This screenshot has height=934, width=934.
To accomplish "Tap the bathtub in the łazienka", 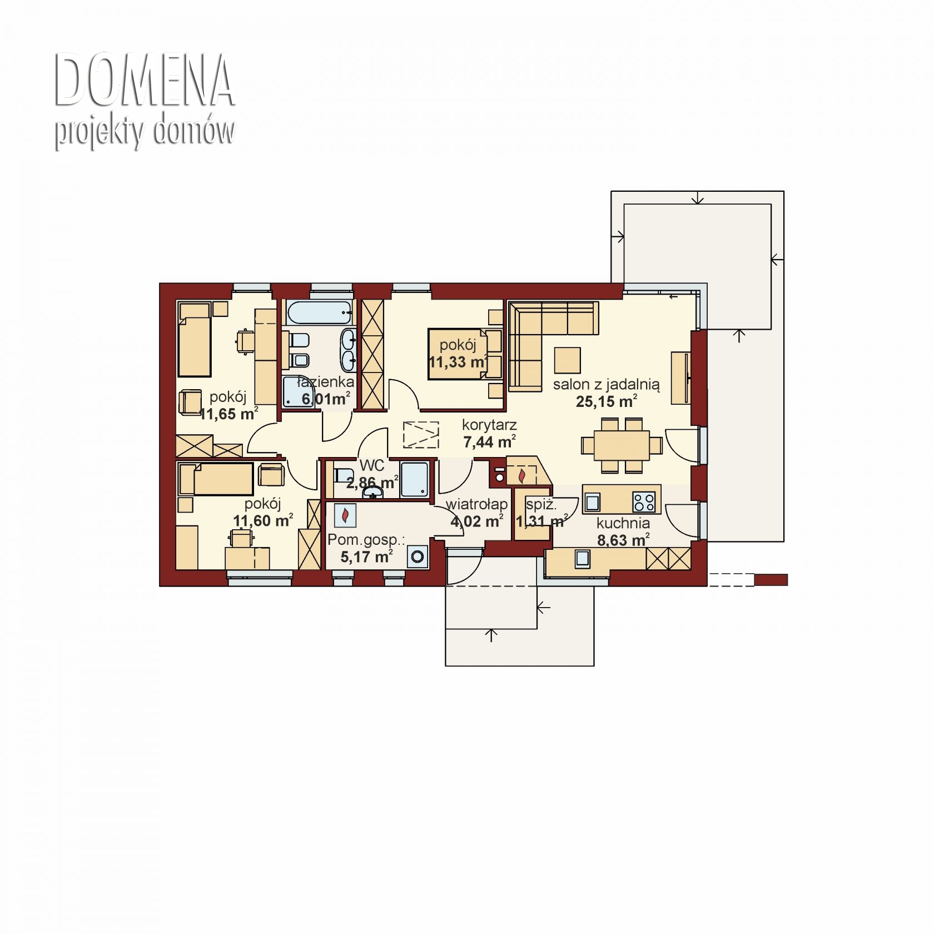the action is [319, 312].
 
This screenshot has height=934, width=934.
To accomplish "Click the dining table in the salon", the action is [622, 445].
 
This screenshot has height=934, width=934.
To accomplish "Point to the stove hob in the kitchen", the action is [644, 502].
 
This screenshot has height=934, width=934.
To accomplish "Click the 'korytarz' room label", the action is [489, 425].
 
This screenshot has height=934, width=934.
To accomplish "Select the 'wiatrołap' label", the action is [476, 504].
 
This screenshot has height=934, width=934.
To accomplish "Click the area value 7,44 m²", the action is [489, 442].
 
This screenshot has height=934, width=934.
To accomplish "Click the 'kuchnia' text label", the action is [623, 523].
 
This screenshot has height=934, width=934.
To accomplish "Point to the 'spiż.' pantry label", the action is [541, 505].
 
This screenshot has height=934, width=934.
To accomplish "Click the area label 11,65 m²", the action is [228, 414].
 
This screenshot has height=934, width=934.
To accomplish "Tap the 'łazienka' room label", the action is [326, 382].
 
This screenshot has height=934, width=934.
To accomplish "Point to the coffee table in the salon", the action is [567, 360].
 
